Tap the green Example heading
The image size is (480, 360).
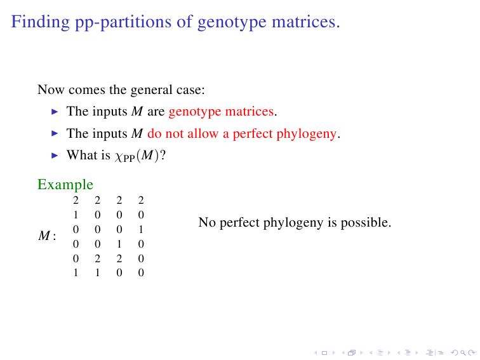tap(65, 185)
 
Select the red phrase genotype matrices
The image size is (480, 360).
tap(221, 112)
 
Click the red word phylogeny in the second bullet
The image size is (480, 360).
tap(306, 134)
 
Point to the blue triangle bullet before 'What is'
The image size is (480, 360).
tap(55, 156)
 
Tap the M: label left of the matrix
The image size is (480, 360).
tap(47, 236)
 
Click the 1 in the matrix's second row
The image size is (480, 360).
tap(76, 215)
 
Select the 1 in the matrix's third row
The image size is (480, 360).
tap(141, 230)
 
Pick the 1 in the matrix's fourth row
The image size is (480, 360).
tap(119, 244)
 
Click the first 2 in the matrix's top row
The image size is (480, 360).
tap(76, 200)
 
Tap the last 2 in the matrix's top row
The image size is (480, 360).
tap(141, 200)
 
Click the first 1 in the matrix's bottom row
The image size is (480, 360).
tap(76, 272)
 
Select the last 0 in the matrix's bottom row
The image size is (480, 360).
tap(141, 272)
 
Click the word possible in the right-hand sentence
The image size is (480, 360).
tap(366, 223)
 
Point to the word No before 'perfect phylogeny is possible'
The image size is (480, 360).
tap(207, 223)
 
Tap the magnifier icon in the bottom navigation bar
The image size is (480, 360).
tap(463, 353)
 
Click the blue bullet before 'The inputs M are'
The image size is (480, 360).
tap(55, 112)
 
